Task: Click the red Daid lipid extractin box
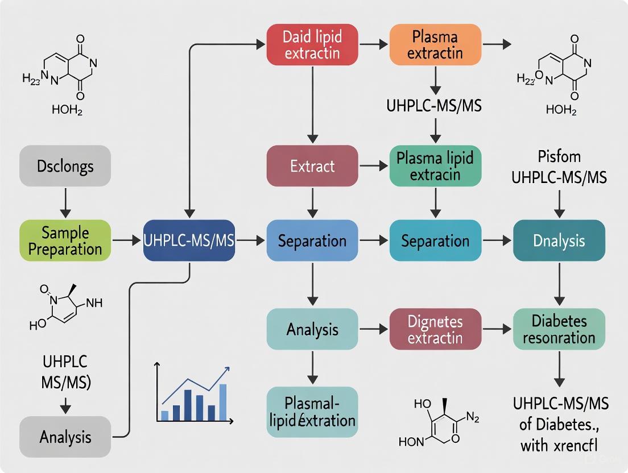(x=312, y=45)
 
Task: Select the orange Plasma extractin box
(x=435, y=45)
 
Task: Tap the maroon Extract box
(x=312, y=166)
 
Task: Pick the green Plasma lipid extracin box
(x=435, y=166)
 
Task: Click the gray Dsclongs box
(x=65, y=166)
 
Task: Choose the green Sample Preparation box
(x=65, y=240)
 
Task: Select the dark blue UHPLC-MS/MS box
(x=189, y=240)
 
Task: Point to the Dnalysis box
(x=559, y=240)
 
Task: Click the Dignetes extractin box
(x=435, y=330)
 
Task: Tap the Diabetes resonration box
(x=559, y=330)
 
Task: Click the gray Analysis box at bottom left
(x=65, y=437)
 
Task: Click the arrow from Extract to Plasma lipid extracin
(x=374, y=166)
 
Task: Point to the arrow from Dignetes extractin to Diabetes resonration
(x=497, y=330)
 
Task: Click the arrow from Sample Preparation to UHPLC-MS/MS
(x=126, y=241)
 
